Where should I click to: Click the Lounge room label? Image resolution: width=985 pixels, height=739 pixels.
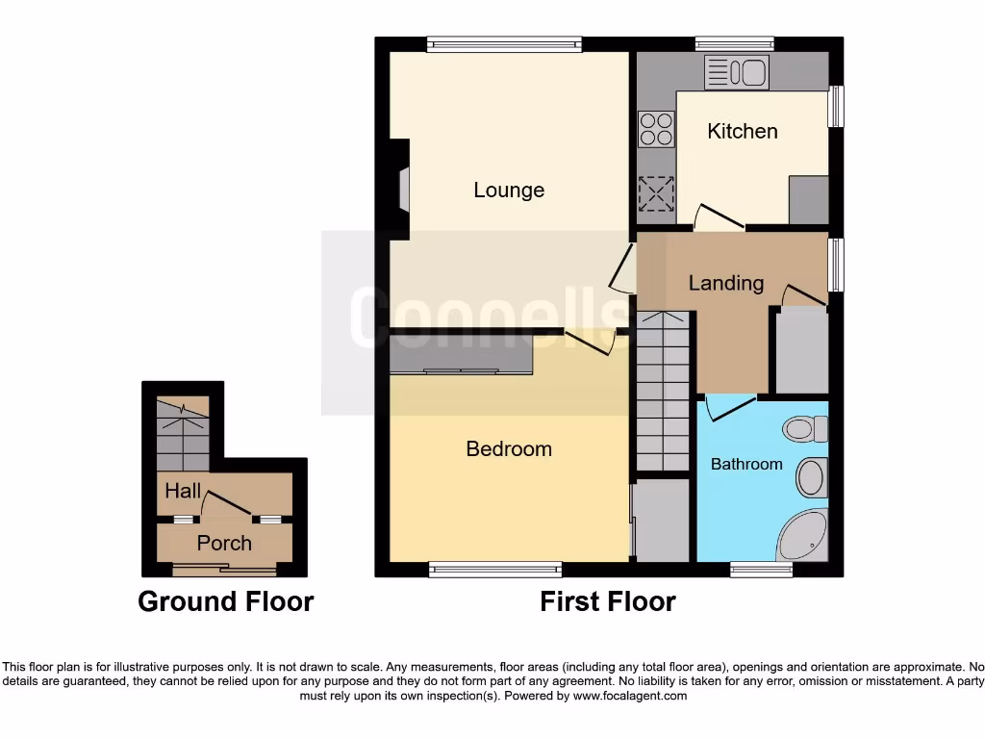[x=509, y=191]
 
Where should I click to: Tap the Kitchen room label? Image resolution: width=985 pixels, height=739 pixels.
[x=742, y=131]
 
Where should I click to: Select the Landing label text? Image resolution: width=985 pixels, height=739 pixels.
[x=725, y=283]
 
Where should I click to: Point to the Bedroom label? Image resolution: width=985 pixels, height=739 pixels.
[x=509, y=449]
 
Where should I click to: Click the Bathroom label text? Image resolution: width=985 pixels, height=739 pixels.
[x=746, y=464]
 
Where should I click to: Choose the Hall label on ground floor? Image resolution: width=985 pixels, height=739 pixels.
[x=183, y=492]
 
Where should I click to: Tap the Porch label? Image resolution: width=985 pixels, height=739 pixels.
[x=224, y=544]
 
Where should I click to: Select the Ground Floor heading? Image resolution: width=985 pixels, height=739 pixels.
[x=225, y=602]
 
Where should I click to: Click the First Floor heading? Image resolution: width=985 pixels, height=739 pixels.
[x=607, y=602]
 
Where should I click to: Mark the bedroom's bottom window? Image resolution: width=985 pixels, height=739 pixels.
[x=495, y=570]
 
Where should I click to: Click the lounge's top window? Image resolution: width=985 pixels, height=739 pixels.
[x=504, y=43]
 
